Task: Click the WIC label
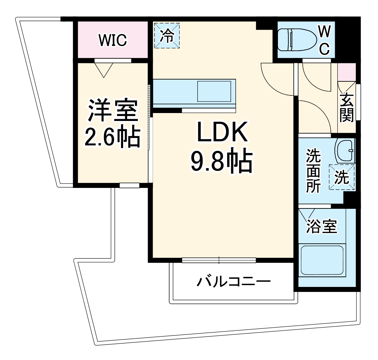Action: pyautogui.click(x=113, y=40)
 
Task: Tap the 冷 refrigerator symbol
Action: pyautogui.click(x=167, y=35)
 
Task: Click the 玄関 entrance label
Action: pyautogui.click(x=346, y=107)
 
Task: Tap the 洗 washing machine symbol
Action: pyautogui.click(x=342, y=177)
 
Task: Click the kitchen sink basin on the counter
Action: pyautogui.click(x=214, y=91)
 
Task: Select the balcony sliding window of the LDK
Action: pyautogui.click(x=219, y=260)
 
